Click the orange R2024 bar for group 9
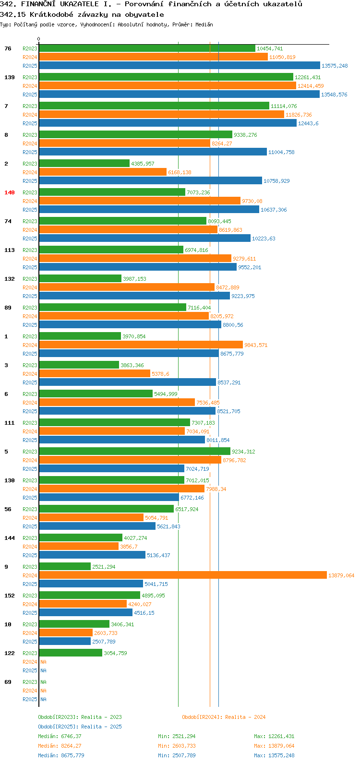coord(183,575)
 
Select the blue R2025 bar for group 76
coord(180,65)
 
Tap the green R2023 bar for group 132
coord(80,279)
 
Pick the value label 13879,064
coord(341,575)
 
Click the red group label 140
coord(10,192)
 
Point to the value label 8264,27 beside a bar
coord(222,143)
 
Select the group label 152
coord(10,596)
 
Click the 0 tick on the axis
coord(38,39)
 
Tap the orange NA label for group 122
coord(43,662)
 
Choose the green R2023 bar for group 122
coord(71,653)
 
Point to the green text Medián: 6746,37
coord(60,736)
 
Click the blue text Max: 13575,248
coord(274,755)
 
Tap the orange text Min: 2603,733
coord(177,746)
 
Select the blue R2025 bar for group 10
coord(65,641)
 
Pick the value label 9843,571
coord(256,345)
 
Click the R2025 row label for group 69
coord(30,699)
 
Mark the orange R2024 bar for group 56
coord(91,517)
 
